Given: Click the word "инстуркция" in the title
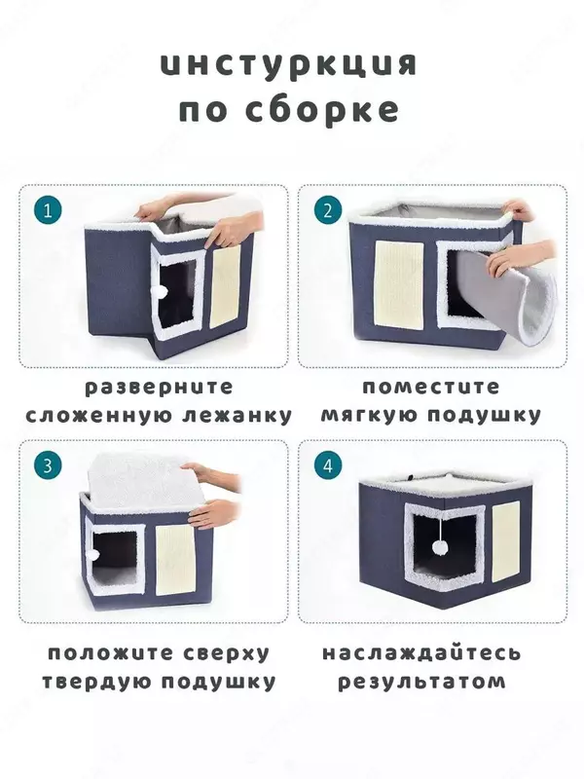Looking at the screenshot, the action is click(289, 65).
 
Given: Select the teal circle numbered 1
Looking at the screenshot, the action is click(48, 210).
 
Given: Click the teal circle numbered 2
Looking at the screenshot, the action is click(328, 210).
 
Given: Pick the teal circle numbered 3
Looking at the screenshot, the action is click(48, 466).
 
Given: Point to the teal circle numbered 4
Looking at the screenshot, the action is click(328, 466).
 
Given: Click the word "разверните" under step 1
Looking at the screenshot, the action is click(159, 387).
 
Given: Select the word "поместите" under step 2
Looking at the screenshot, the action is click(431, 387).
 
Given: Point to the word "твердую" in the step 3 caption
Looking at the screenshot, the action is click(97, 682).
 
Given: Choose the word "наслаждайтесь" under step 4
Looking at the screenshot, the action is click(421, 652).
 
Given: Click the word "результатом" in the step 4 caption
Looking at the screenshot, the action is click(421, 682).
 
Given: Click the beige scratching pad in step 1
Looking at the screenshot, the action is click(226, 287).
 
